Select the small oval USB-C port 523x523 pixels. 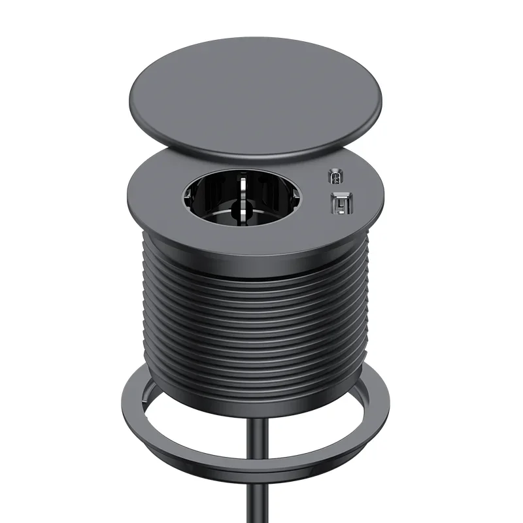(x=335, y=177)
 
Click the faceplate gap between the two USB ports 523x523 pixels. (x=337, y=190)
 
